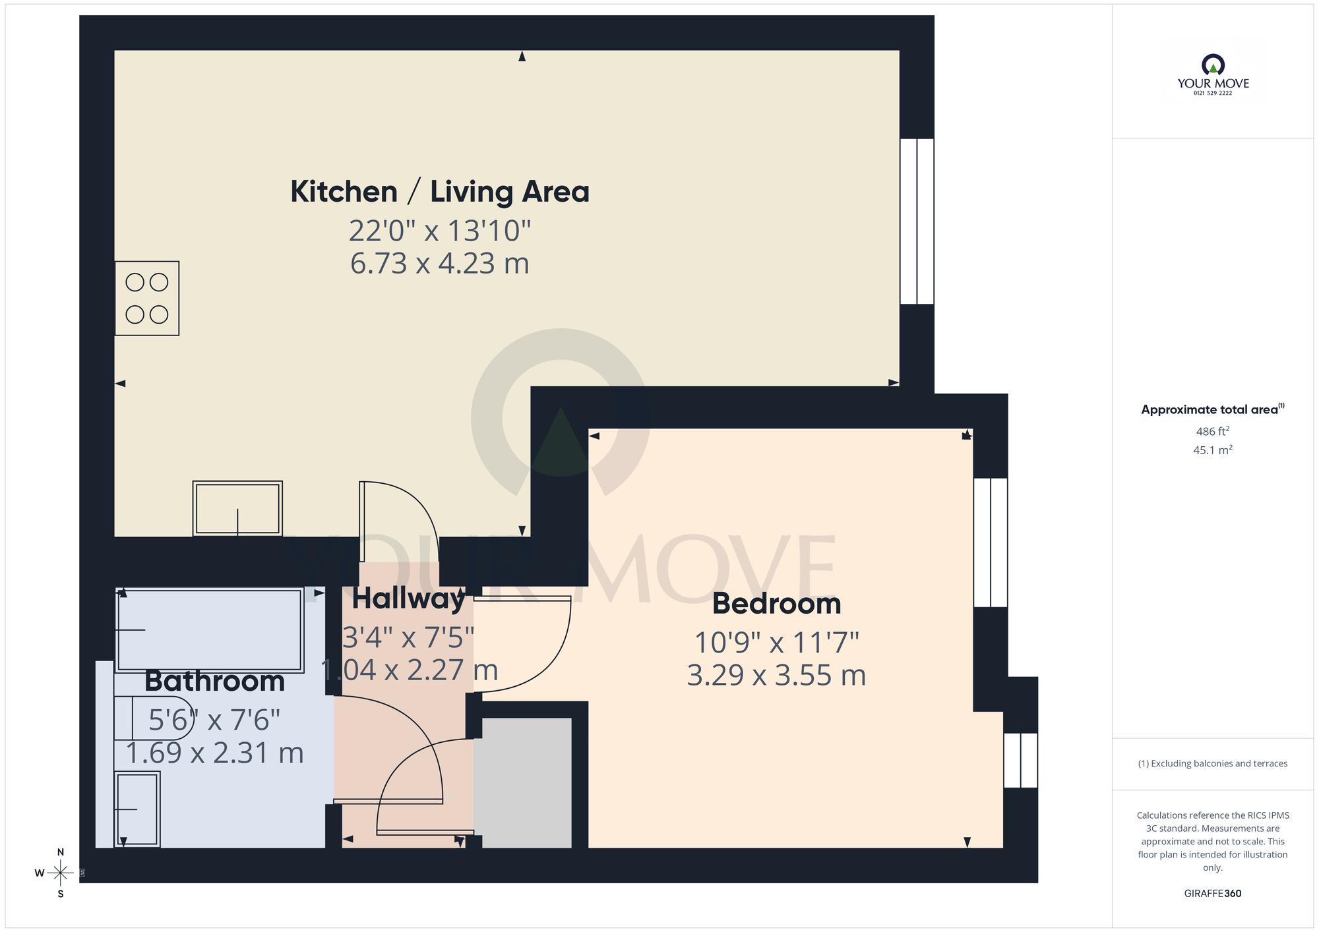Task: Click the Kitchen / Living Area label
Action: click(x=440, y=192)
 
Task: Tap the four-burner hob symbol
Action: click(x=147, y=299)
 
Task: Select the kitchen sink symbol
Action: click(x=237, y=508)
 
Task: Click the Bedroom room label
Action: click(x=776, y=604)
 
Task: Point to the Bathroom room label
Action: click(x=214, y=681)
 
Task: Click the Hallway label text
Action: click(x=408, y=598)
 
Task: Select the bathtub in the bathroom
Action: click(x=210, y=631)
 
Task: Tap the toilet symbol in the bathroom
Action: click(x=153, y=718)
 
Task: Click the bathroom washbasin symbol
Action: click(x=137, y=809)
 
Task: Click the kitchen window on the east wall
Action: click(x=917, y=221)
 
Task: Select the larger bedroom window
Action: click(x=991, y=542)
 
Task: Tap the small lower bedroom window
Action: click(x=1020, y=760)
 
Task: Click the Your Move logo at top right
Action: click(x=1213, y=74)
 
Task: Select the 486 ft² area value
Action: click(x=1212, y=432)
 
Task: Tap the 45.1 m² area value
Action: click(x=1212, y=450)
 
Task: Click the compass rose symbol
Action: click(x=61, y=873)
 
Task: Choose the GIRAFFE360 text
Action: click(x=1212, y=893)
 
